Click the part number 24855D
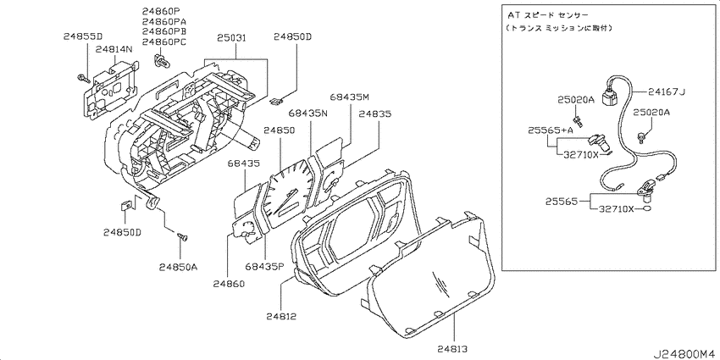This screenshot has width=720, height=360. click(83, 36)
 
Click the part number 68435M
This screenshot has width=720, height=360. click(350, 97)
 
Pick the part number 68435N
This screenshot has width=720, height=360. click(308, 113)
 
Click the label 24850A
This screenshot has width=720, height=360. click(178, 267)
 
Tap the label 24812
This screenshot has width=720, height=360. click(281, 316)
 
